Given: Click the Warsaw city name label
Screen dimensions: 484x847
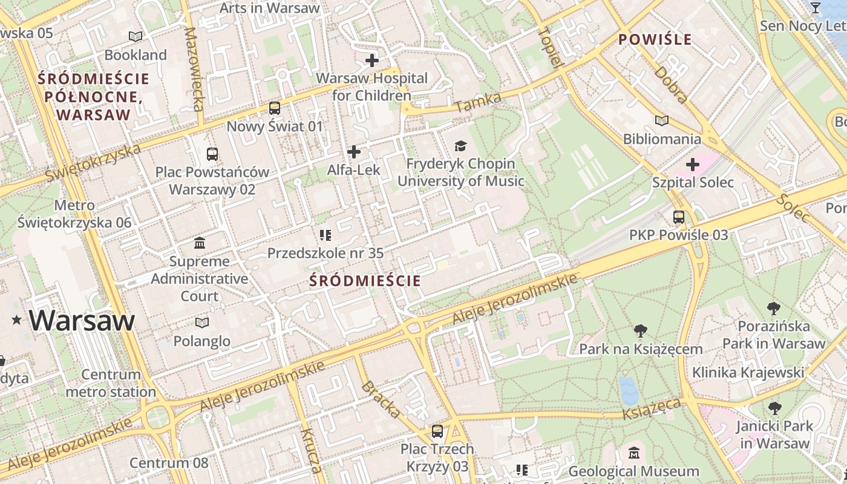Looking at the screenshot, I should [81, 320].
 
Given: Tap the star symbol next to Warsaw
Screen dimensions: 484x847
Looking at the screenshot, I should [16, 320].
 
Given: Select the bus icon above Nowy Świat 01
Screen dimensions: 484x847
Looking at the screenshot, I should [275, 108].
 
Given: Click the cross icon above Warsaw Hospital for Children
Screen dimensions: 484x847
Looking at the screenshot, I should [372, 60].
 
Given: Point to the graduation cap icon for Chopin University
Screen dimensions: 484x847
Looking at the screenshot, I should [461, 146].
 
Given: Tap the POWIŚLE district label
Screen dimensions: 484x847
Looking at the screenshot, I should [655, 40].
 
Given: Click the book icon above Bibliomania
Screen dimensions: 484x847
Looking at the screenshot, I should [662, 121].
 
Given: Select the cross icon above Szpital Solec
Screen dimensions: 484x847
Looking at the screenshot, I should [693, 165].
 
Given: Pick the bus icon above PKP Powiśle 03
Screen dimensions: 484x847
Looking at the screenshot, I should [679, 217].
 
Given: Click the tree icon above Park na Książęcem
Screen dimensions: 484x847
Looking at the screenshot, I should [641, 331].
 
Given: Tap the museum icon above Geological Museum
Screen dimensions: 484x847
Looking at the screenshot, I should [633, 453].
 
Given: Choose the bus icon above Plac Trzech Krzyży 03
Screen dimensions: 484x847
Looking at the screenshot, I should [437, 431].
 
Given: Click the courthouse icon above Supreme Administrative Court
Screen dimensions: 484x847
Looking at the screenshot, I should [200, 243].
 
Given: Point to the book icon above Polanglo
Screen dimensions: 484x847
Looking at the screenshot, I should [202, 323].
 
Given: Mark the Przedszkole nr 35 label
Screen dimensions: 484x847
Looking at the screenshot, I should [325, 253].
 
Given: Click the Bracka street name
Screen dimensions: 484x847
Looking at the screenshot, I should [381, 400].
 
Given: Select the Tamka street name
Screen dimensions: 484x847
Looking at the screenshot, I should [478, 102].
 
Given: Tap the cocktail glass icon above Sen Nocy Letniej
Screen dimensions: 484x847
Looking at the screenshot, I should [815, 8].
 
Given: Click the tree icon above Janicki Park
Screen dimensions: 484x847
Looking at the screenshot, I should [774, 408].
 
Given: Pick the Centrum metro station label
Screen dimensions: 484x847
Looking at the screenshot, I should [111, 383].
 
